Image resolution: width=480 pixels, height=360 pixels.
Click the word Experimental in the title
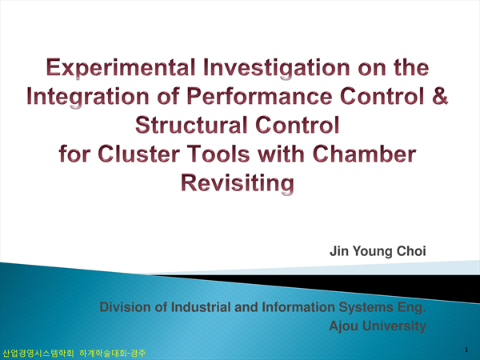pos(121,68)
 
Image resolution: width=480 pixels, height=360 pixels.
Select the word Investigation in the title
pos(277,68)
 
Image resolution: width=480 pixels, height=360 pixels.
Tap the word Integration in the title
pos(88,98)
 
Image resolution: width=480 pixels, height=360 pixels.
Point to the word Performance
pos(259,96)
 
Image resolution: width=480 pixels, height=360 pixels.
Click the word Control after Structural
pos(298,125)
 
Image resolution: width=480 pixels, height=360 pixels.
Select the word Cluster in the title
pos(138,154)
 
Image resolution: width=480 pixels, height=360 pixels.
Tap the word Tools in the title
pos(218,154)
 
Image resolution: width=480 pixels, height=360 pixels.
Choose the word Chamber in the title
pos(364,154)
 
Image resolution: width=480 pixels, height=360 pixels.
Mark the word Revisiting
pos(238,184)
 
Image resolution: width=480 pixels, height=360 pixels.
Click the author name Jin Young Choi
pos(378,252)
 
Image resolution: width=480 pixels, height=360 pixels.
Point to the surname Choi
pos(411,251)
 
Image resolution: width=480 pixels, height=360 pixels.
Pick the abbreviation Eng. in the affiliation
pos(412,308)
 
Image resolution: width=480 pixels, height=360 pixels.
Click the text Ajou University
pos(378,326)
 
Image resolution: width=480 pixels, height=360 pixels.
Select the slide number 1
pos(466,350)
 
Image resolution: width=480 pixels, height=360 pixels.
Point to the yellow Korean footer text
pos(74,354)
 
